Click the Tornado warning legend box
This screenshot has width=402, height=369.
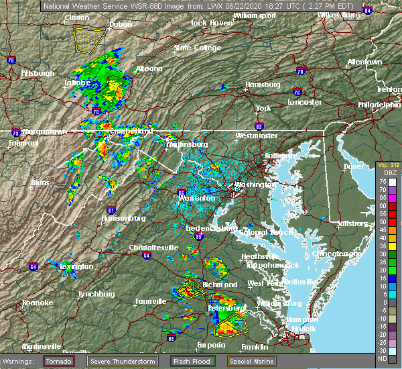(59, 361)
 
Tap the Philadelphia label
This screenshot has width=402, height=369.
(379, 105)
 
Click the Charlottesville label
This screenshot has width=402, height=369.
(153, 248)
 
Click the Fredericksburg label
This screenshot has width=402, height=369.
(211, 228)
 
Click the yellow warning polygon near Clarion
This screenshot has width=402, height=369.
(90, 40)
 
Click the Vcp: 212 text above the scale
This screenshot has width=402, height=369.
(388, 165)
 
